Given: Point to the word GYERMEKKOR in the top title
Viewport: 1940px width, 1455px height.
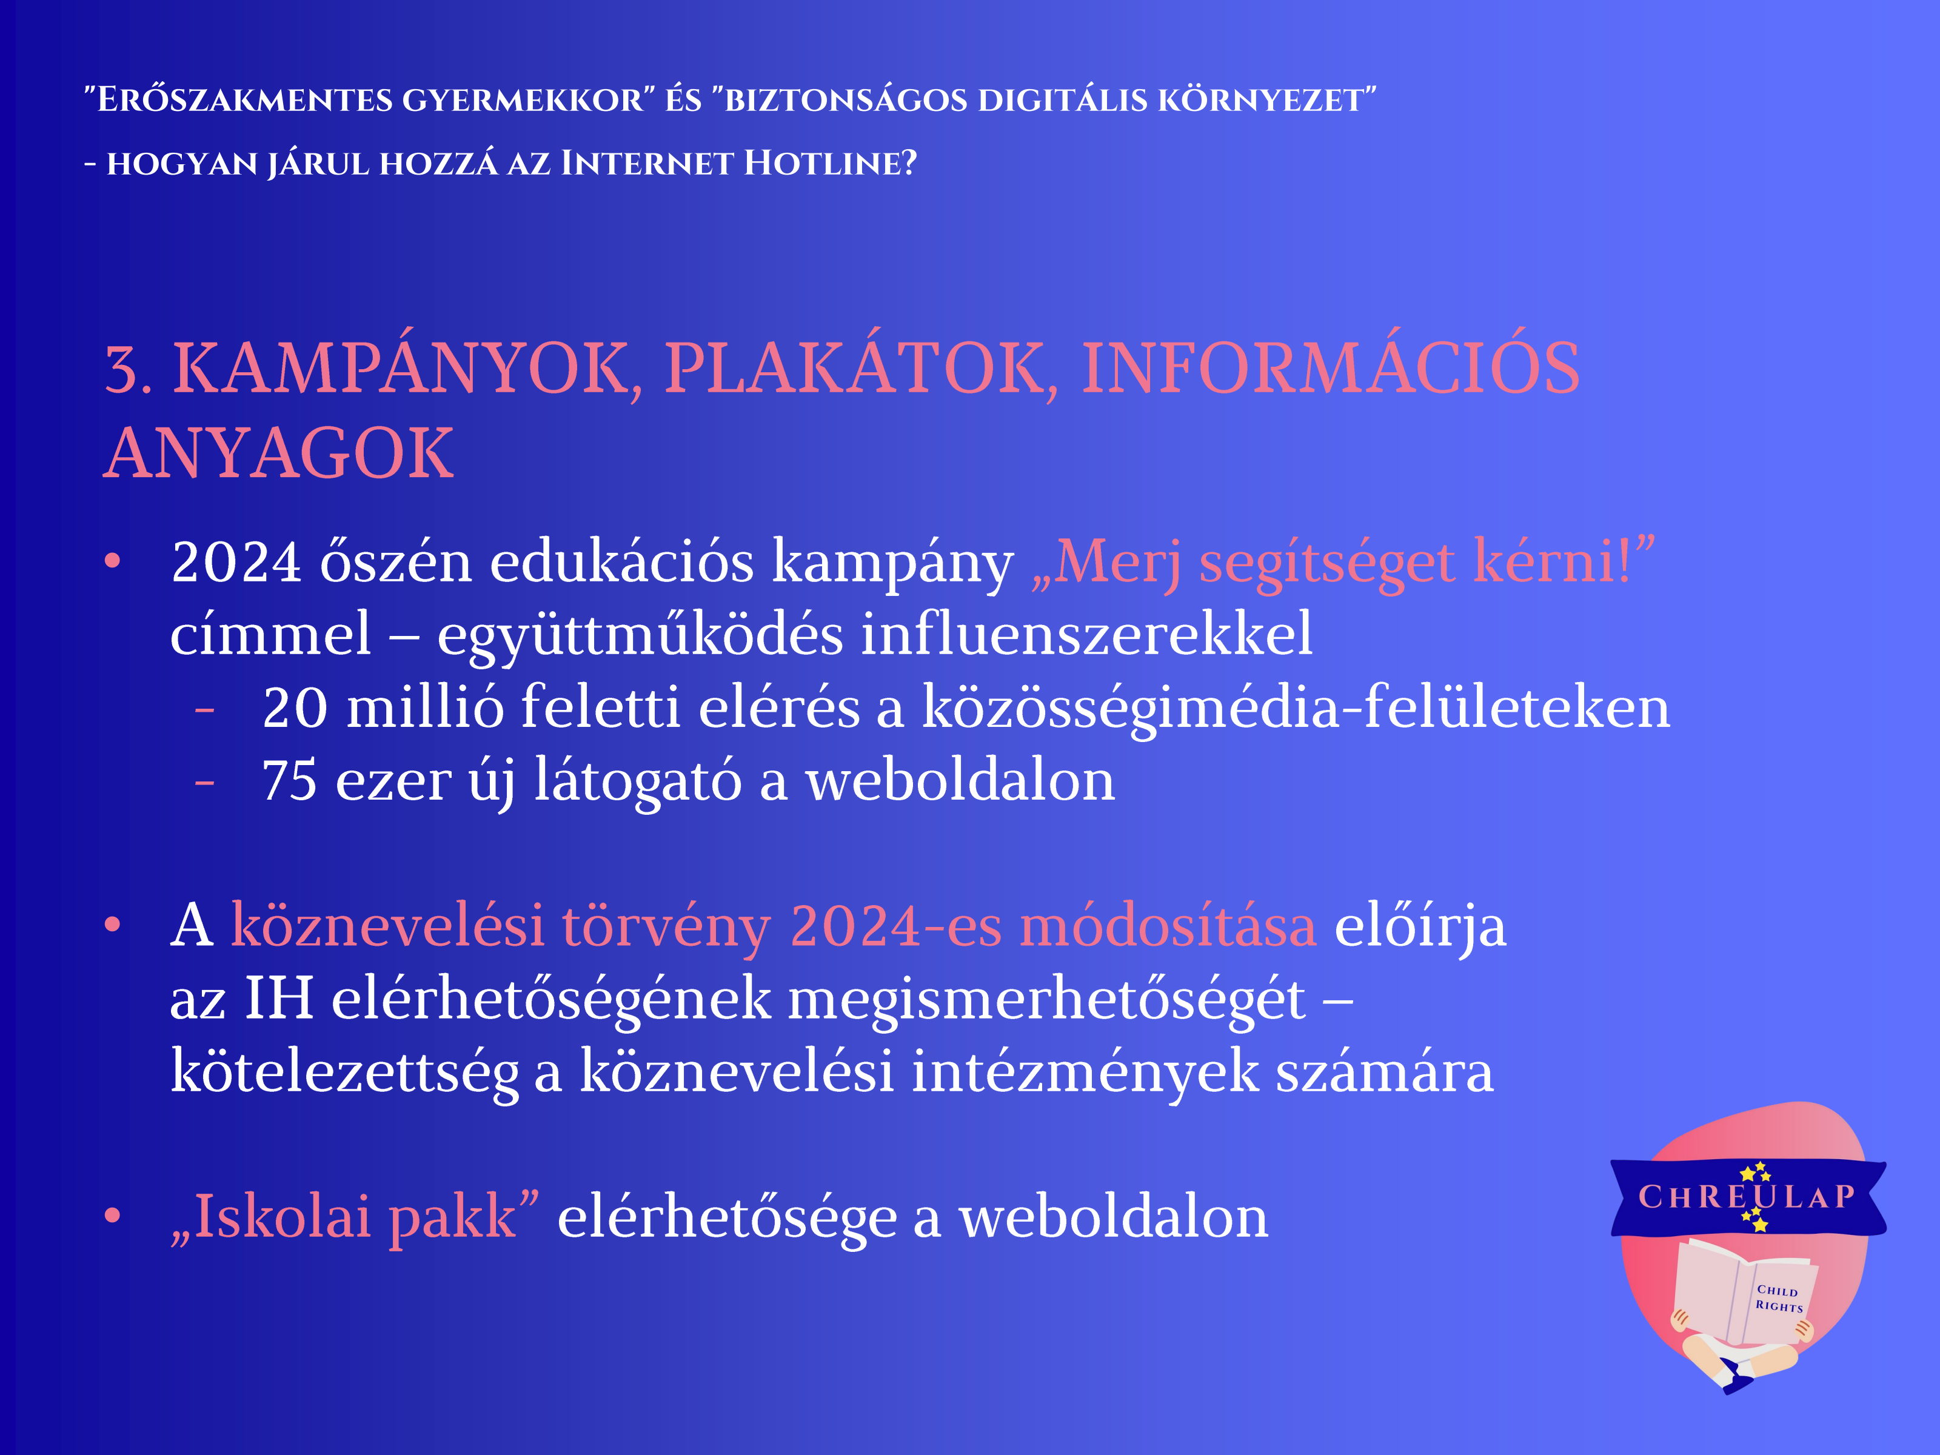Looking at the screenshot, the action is click(x=523, y=100).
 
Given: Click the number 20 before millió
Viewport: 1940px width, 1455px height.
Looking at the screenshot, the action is click(x=296, y=707).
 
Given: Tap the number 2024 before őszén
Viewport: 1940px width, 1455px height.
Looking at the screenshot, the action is click(x=237, y=562).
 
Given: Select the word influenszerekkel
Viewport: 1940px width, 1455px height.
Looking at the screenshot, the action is click(x=1086, y=633).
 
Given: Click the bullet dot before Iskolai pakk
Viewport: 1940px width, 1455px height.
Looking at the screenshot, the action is click(x=112, y=1215).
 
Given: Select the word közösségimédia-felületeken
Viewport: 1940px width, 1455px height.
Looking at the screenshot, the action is click(x=1296, y=707).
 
